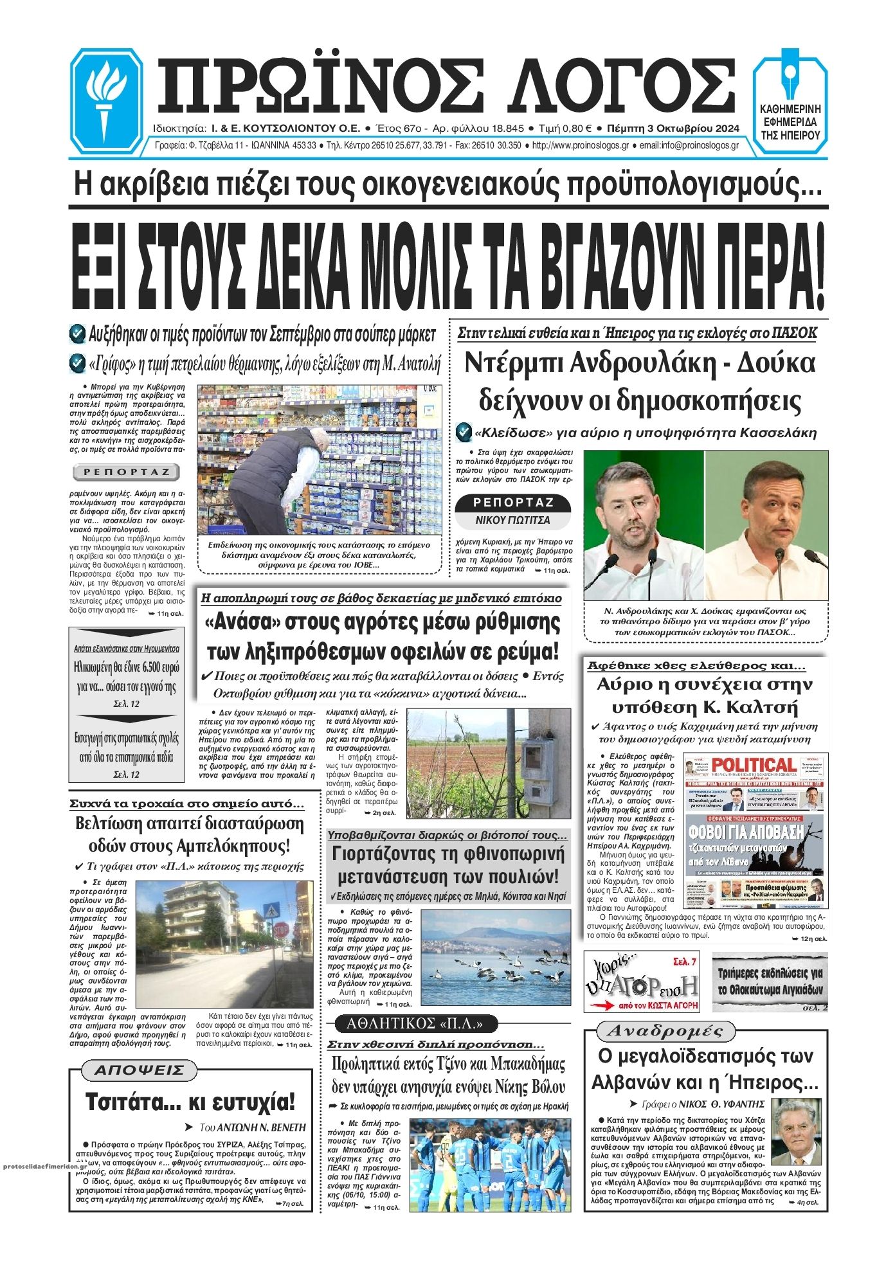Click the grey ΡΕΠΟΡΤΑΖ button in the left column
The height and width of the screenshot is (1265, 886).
point(126,472)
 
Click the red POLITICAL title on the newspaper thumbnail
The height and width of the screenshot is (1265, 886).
point(753,766)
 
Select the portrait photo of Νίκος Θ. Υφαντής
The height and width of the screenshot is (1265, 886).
point(795,1130)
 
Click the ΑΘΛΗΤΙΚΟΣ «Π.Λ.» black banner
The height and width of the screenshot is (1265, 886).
point(414,1025)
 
